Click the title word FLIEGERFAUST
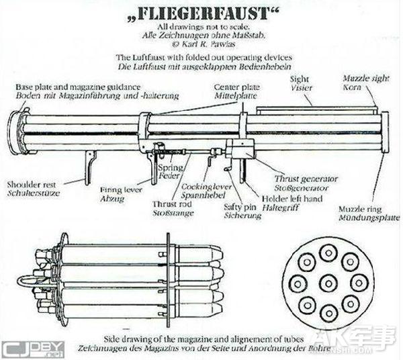[201, 14]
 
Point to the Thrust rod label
[171, 205]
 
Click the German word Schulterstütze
[30, 191]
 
